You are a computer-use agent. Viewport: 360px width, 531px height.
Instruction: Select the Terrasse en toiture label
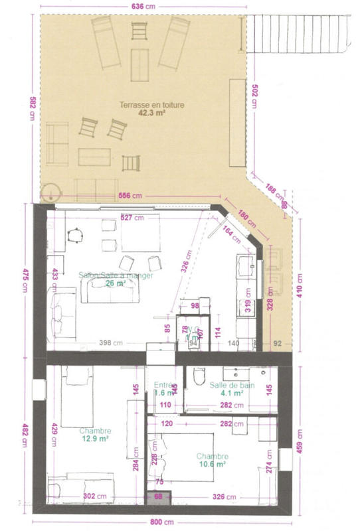(x=151, y=105)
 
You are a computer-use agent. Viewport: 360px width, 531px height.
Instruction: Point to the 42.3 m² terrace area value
(x=151, y=113)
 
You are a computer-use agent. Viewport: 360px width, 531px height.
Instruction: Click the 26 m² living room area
(x=115, y=283)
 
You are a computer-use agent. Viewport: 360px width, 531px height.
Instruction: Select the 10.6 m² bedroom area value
(x=213, y=465)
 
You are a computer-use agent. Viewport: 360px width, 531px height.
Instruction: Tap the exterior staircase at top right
(x=302, y=33)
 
